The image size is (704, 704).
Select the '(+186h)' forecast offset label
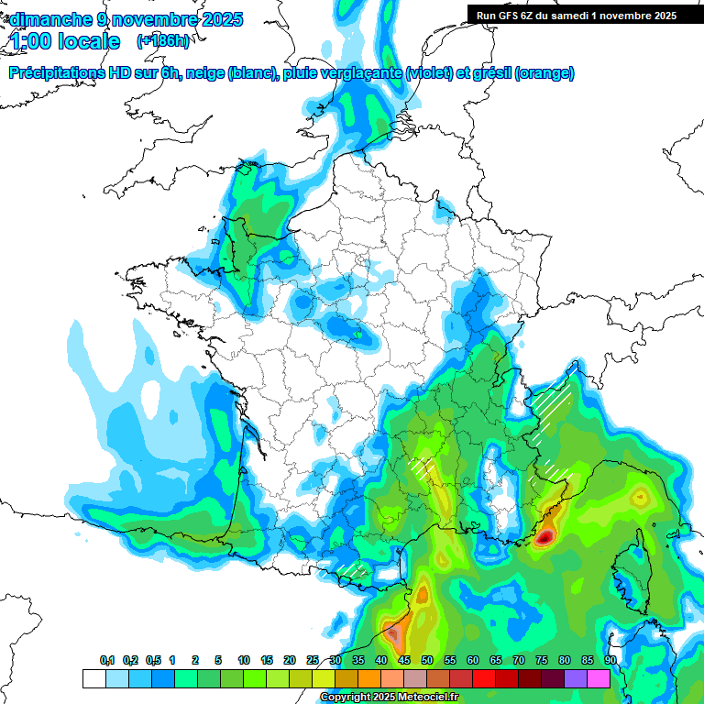coord(162,41)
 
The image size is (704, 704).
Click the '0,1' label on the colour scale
coord(107,661)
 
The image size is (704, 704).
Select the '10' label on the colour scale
coord(244,661)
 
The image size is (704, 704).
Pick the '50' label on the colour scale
coord(427,661)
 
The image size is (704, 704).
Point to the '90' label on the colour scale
coord(610,661)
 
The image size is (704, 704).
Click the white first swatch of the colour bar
coord(93,678)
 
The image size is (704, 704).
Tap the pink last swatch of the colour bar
coord(599,678)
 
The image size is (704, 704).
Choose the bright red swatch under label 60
coord(484,678)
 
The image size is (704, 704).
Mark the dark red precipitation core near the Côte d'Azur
coord(544,537)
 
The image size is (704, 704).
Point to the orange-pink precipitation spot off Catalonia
coord(395,632)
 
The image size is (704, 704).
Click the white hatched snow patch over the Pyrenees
coord(354,570)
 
